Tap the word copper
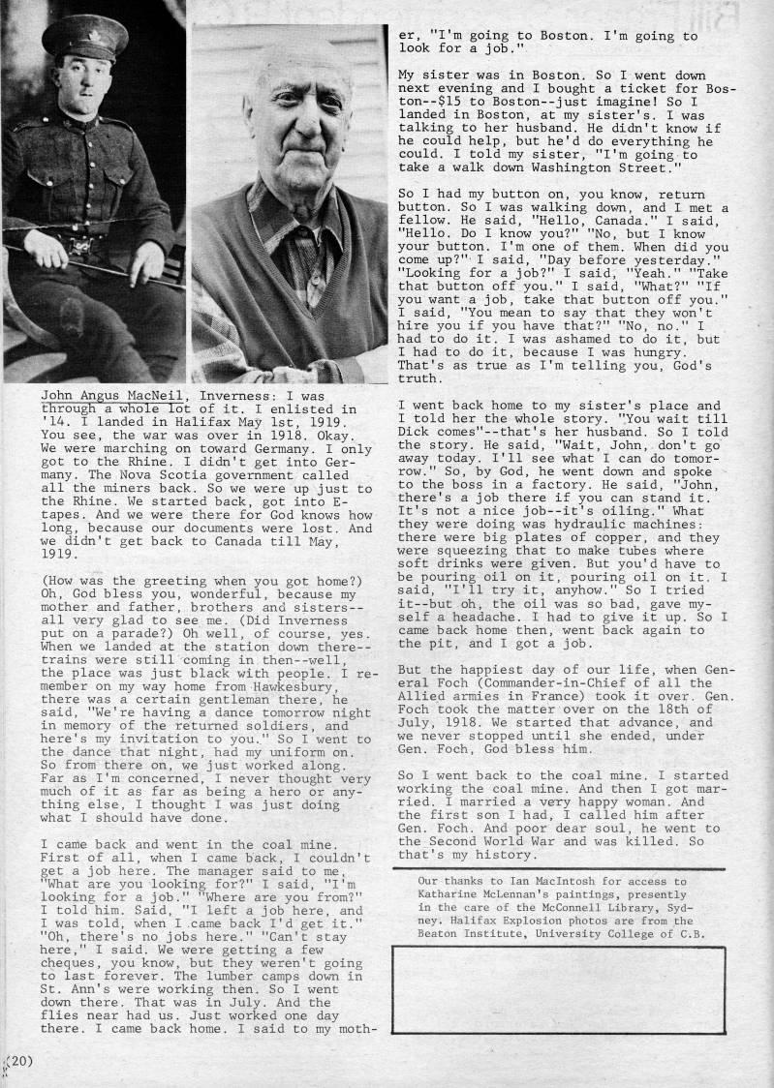point(634,525)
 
